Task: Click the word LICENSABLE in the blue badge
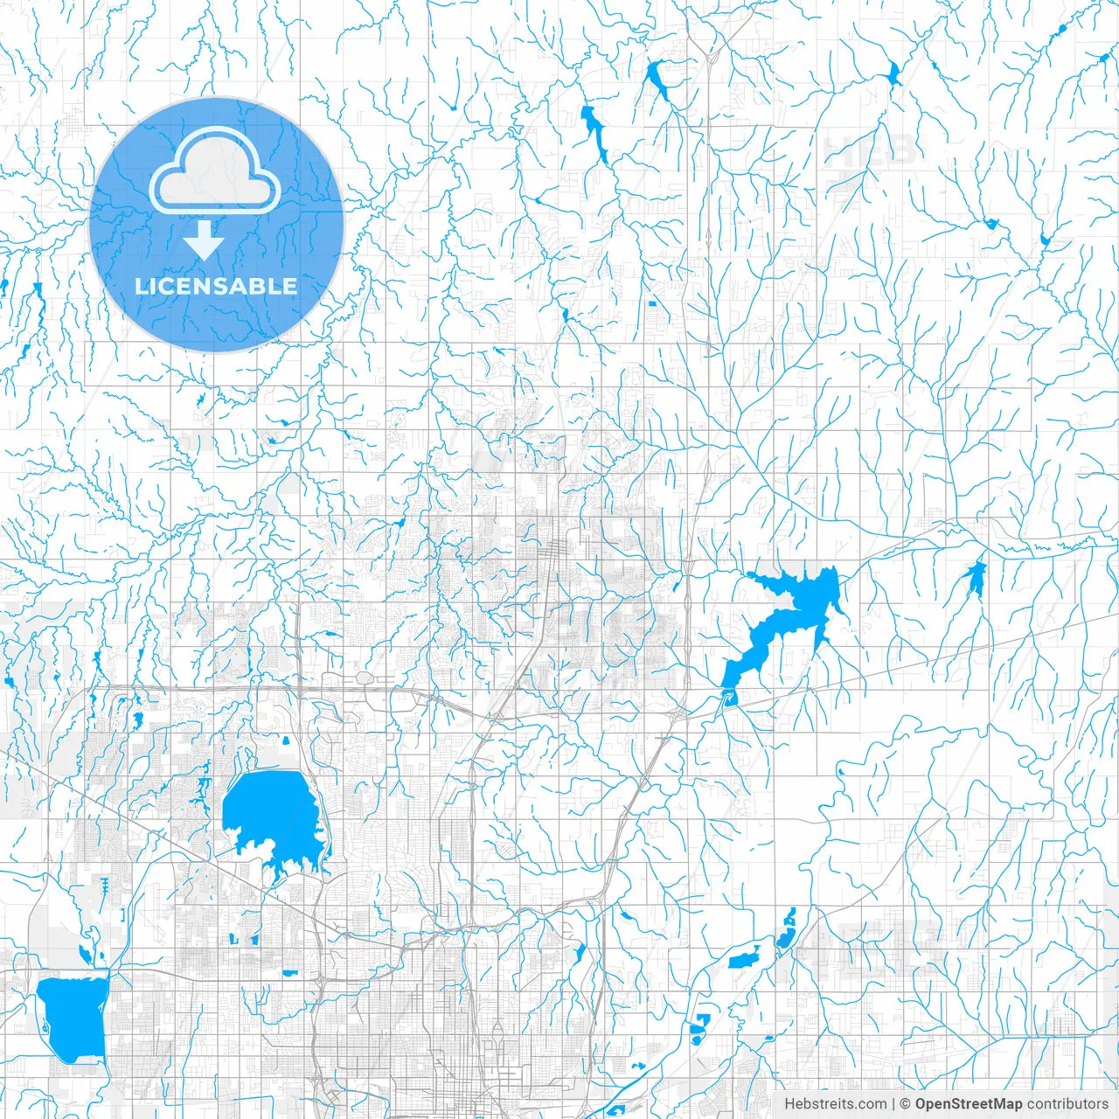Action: (216, 287)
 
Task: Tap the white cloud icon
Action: (215, 171)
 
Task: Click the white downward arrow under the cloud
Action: (204, 240)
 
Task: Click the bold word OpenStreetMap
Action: (969, 1104)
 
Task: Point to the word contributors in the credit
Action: (1067, 1104)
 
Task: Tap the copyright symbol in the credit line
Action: (906, 1104)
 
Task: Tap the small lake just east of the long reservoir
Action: (974, 577)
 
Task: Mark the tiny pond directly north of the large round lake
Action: (286, 741)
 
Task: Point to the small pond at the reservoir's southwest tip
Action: (726, 697)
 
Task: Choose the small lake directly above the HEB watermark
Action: (893, 73)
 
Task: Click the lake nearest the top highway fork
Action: (657, 80)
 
